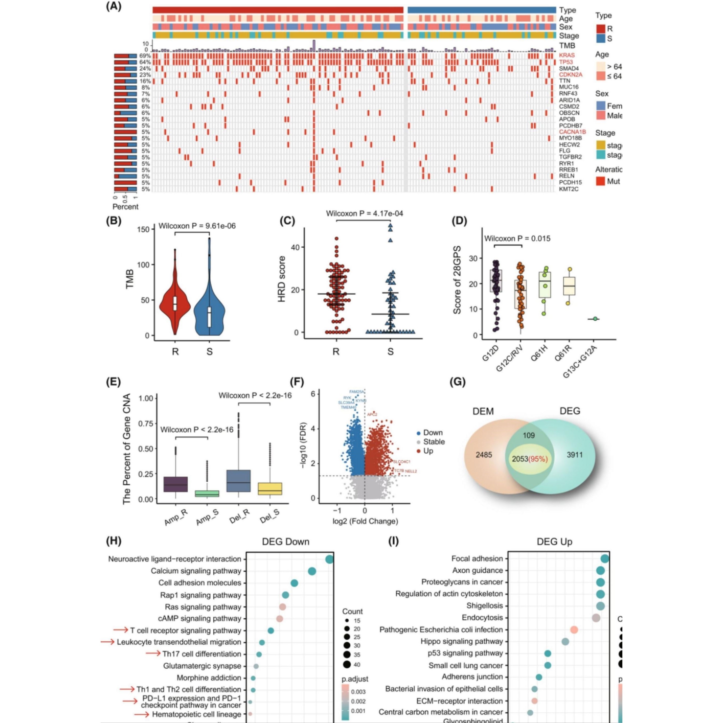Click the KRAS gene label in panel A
(x=567, y=55)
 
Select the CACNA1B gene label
(x=572, y=132)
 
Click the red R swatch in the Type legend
(x=600, y=29)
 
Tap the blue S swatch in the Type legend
(x=600, y=38)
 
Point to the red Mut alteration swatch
(x=600, y=181)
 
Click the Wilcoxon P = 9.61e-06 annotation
(x=197, y=226)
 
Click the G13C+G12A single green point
(x=595, y=319)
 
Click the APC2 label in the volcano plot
(x=372, y=415)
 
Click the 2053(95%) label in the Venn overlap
(x=529, y=459)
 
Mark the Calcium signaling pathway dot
(x=312, y=571)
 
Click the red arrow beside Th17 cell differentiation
(x=153, y=653)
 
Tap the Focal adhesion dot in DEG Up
(x=605, y=559)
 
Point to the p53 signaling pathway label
(x=465, y=653)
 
